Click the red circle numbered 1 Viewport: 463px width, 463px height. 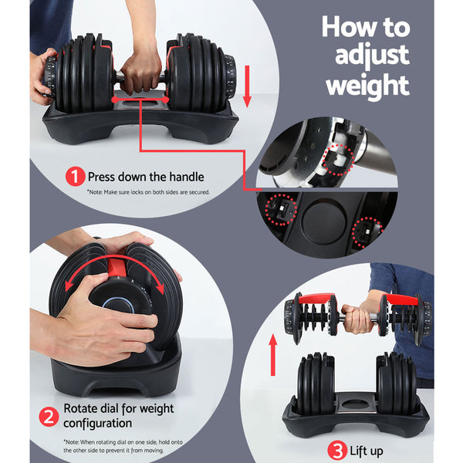coord(75,177)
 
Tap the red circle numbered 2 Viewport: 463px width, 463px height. coord(49,417)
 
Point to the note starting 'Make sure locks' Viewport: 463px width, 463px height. coord(147,192)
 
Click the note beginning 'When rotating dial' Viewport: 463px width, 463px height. coord(127,445)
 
